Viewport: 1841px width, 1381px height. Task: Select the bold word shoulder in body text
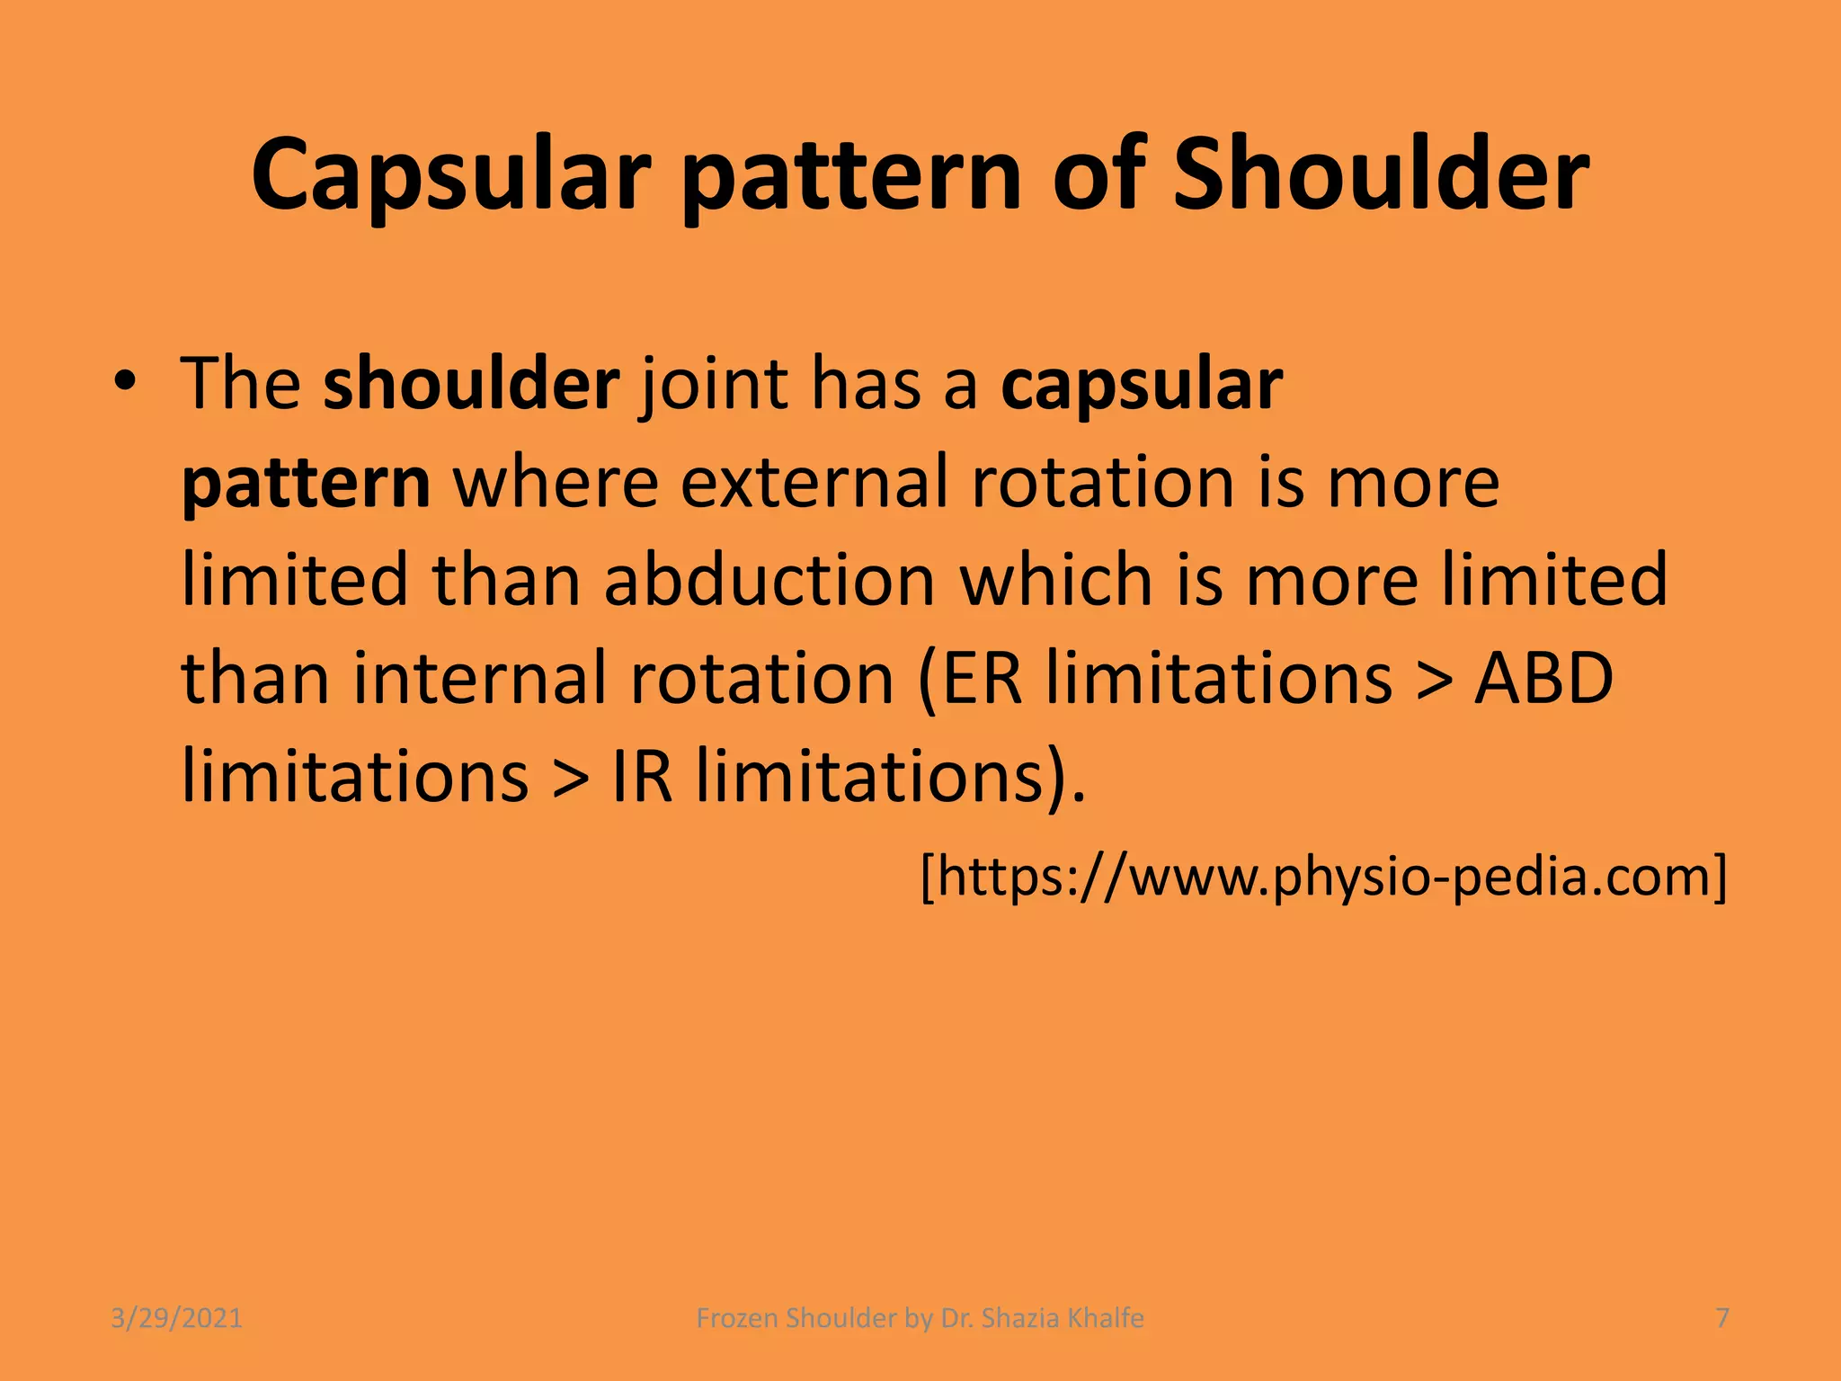[x=471, y=383]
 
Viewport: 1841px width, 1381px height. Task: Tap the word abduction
[x=769, y=580]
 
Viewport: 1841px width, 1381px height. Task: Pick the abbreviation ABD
[x=1543, y=678]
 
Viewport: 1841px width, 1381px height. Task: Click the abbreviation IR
[x=642, y=776]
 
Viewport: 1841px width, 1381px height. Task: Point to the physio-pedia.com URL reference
[x=1323, y=876]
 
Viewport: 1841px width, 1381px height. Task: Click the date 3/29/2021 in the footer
[x=176, y=1318]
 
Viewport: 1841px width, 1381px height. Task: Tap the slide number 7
[x=1722, y=1318]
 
